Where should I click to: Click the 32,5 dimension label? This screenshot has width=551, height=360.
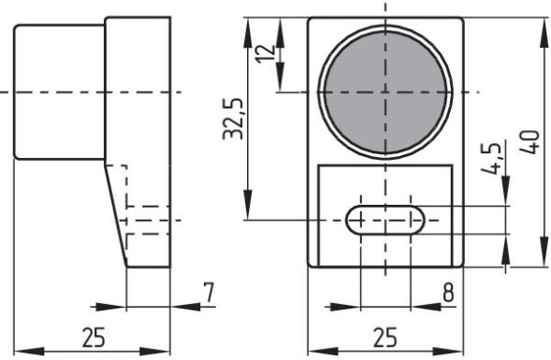233,119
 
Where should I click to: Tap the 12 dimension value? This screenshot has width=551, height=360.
266,53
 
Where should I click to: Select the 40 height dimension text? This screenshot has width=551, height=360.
529,142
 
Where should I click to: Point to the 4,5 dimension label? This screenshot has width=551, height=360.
491,159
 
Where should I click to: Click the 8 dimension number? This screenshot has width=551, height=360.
448,293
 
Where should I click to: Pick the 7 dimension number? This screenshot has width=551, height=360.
210,293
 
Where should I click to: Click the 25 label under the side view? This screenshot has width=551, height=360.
94,338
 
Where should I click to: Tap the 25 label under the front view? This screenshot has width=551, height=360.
385,338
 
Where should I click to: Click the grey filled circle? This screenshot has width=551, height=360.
385,93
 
